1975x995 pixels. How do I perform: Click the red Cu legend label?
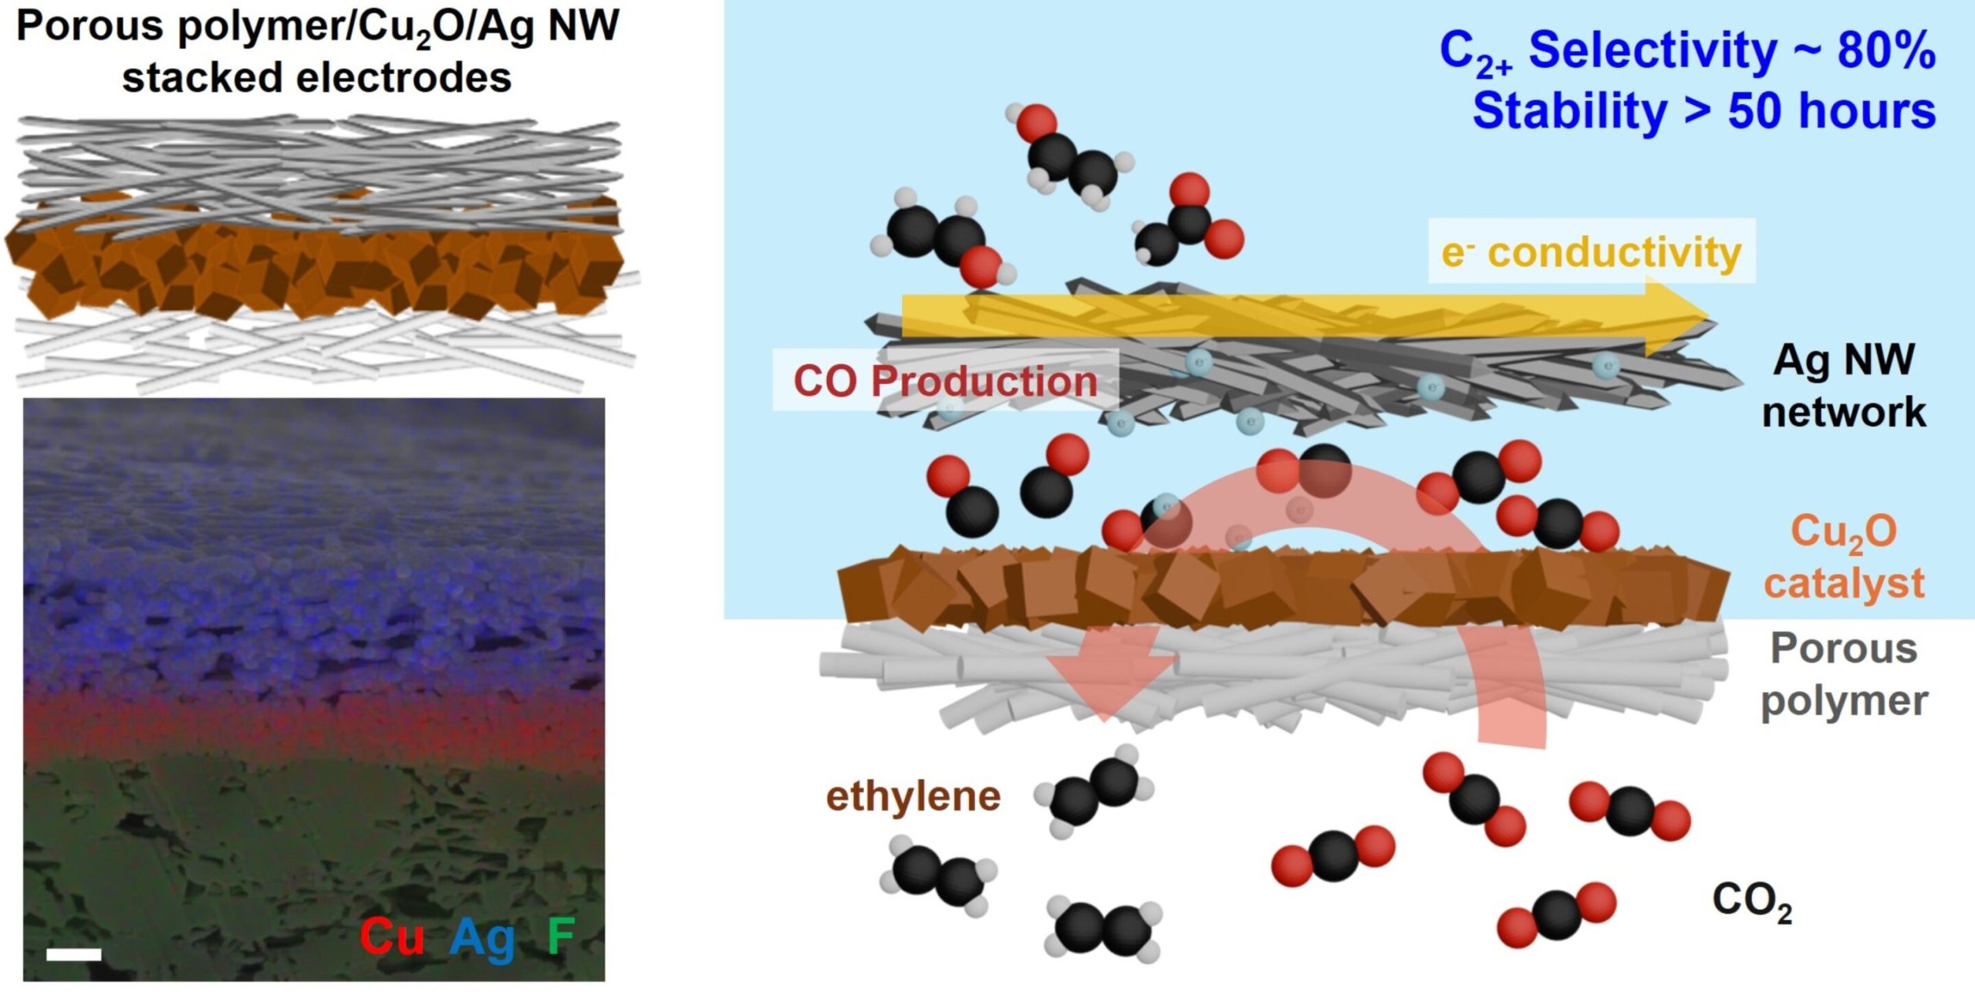[x=392, y=936]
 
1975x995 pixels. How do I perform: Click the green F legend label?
[x=561, y=935]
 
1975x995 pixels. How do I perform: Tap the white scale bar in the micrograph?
[x=74, y=954]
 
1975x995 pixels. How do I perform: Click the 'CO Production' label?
[x=945, y=381]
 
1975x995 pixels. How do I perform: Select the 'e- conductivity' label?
[x=1591, y=252]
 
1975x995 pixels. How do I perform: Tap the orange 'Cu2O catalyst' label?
[x=1843, y=557]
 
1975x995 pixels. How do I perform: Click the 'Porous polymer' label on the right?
[x=1843, y=674]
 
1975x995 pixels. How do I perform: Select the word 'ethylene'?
[x=913, y=796]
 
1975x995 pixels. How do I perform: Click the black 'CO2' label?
[x=1752, y=901]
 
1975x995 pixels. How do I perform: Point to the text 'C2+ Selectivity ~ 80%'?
[x=1687, y=52]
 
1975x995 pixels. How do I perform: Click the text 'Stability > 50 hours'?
[x=1703, y=111]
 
